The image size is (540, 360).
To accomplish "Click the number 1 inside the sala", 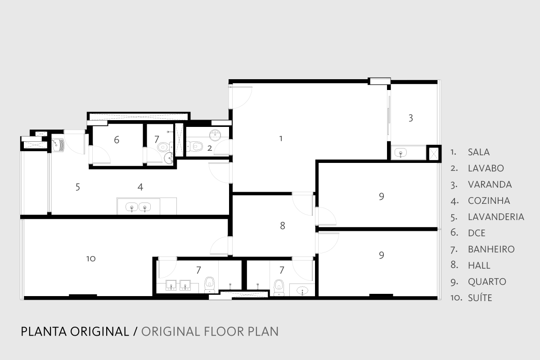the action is tap(281, 139).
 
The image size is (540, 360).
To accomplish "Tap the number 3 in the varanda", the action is tap(411, 118).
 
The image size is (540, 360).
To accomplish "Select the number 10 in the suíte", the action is tap(91, 259).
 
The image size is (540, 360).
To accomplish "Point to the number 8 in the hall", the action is tap(283, 226).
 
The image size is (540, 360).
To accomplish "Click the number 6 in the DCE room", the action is tap(117, 140).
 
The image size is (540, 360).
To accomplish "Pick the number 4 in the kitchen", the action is tap(140, 187).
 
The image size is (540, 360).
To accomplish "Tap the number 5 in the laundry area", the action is tap(77, 187).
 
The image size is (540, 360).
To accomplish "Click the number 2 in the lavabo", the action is tap(210, 148).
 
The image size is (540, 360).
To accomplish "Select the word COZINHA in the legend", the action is tap(489, 201).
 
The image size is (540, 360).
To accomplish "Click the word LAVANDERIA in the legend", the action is tap(496, 217).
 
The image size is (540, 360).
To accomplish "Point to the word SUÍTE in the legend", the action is tap(480, 298).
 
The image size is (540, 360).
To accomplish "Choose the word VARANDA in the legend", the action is tap(490, 184).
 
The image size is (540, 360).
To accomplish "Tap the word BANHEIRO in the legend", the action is tap(491, 249).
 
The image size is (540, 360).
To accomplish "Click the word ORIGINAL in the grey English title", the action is tap(170, 332).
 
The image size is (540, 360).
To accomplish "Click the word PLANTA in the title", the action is tap(44, 332).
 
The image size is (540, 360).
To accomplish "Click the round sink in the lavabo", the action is tap(215, 135).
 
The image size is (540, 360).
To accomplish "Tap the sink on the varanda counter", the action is tap(400, 153).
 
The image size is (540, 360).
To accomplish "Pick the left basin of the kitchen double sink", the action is tap(131, 207).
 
